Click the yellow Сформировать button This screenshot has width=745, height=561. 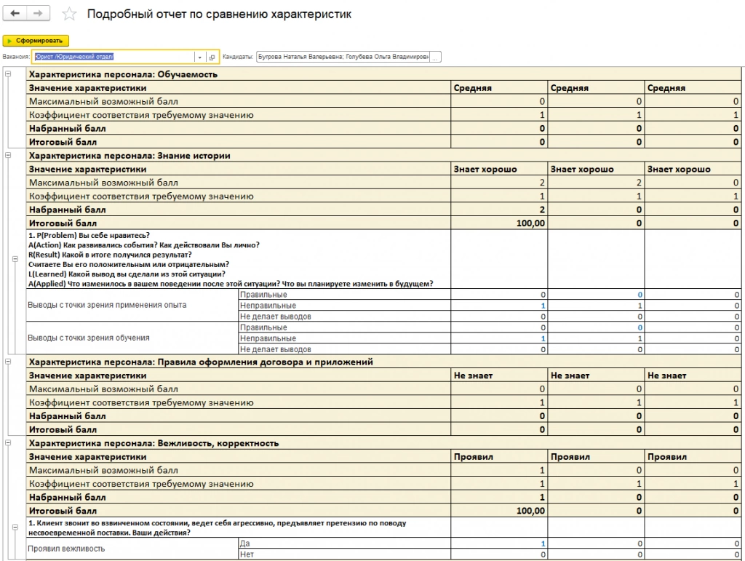[36, 41]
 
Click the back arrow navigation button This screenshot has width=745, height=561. [15, 14]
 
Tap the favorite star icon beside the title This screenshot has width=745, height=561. [69, 15]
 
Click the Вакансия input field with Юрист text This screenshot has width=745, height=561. [113, 57]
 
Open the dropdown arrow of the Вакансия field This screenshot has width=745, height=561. [199, 57]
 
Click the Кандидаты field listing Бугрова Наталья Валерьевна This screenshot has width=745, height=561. [343, 57]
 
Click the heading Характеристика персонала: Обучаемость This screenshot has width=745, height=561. [123, 74]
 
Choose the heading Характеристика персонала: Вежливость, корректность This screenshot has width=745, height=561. [154, 443]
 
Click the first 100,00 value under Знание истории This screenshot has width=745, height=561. [530, 223]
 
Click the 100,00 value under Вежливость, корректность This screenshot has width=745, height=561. [530, 511]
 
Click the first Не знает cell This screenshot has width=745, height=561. [473, 375]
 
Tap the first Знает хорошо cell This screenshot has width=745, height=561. [485, 170]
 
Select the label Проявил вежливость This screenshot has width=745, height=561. [66, 549]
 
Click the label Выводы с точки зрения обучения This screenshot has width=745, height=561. [89, 338]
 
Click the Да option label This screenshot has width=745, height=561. [245, 544]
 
